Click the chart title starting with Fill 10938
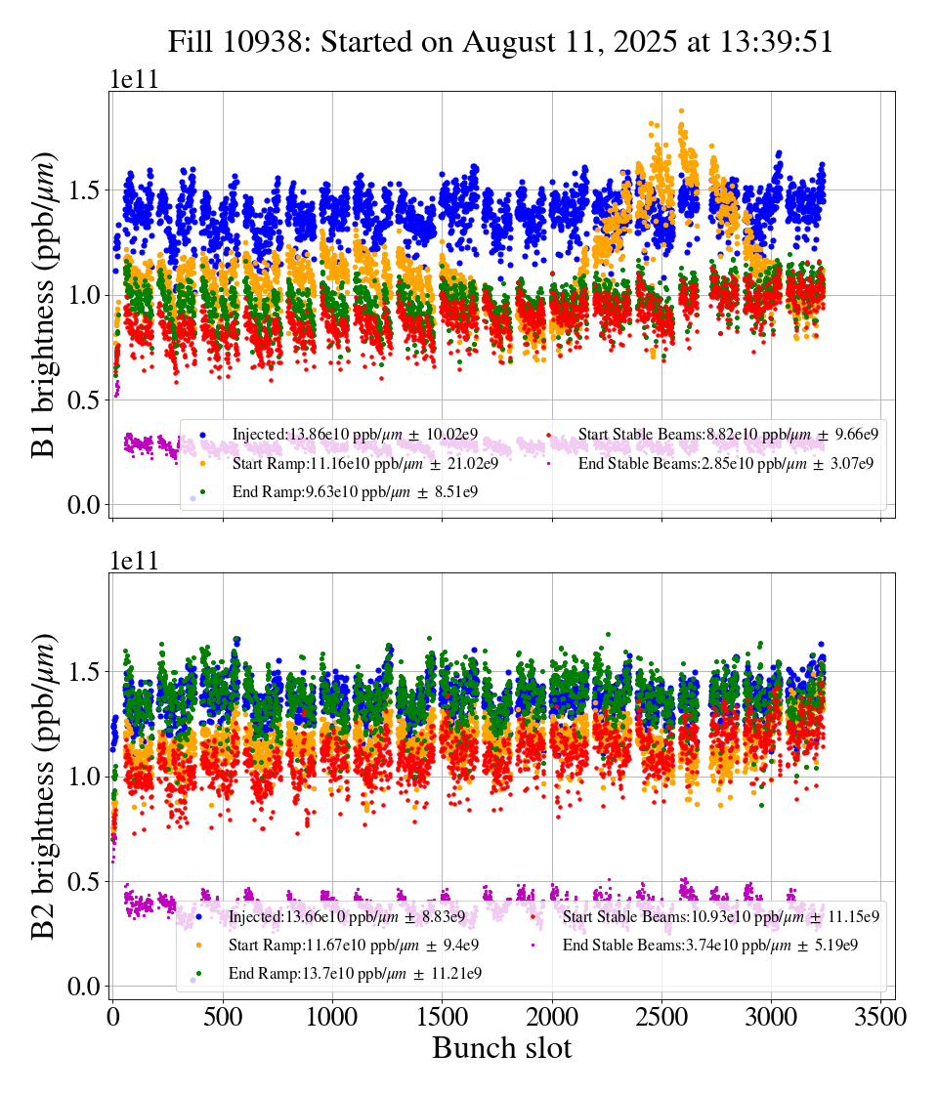coord(500,42)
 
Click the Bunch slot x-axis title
coord(501,1048)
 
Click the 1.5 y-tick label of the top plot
coord(85,189)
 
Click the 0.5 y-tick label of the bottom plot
coord(85,882)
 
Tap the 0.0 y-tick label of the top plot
coord(85,505)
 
